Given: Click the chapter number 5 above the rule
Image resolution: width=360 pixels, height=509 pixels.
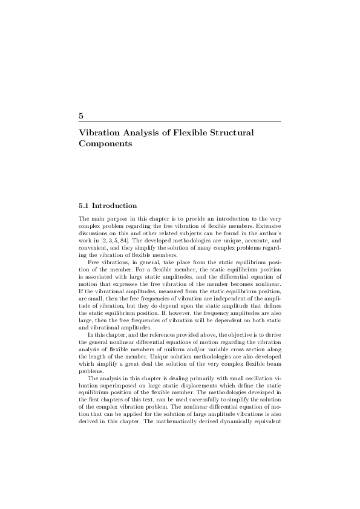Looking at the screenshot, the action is tap(81, 115).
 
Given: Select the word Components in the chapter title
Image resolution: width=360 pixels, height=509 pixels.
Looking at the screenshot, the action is tap(105, 144).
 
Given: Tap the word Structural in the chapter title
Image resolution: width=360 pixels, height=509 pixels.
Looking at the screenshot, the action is tap(233, 132).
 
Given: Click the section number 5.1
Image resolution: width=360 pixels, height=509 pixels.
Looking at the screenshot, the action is tap(84, 206).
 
